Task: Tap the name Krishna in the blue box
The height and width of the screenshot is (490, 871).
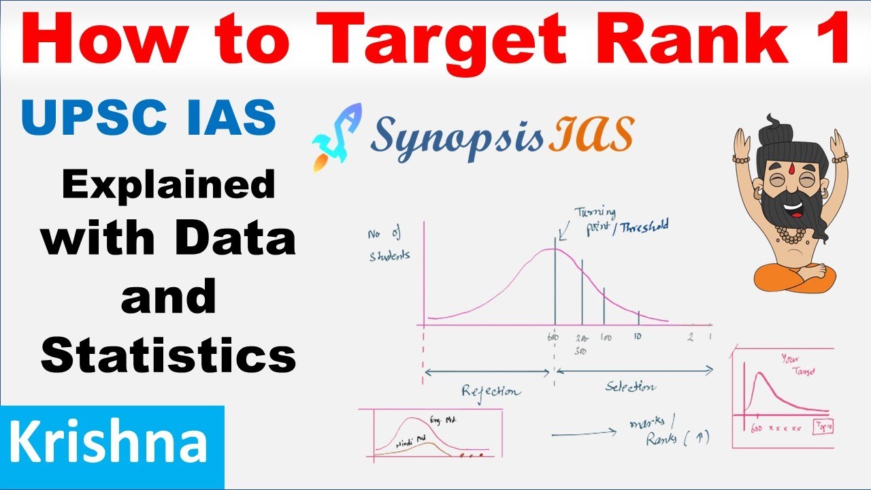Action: (x=109, y=443)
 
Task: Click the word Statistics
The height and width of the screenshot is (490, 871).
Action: (x=168, y=356)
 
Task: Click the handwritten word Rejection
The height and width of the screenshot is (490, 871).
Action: (x=491, y=391)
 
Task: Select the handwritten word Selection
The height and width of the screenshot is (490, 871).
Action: (x=630, y=387)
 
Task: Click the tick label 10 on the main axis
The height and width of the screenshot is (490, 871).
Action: (x=637, y=337)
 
